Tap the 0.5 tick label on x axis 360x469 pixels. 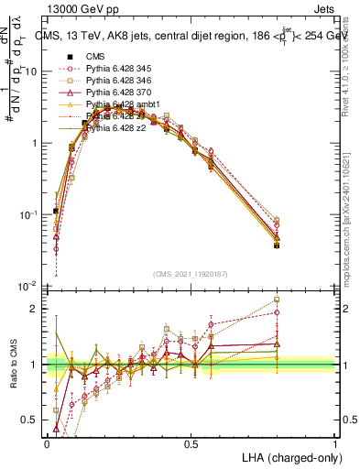tap(191, 443)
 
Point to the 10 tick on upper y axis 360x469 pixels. tap(31, 71)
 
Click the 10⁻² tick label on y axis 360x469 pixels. tap(29, 286)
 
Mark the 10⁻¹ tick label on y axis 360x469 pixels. tap(29, 214)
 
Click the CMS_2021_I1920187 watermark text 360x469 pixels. tap(190, 274)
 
